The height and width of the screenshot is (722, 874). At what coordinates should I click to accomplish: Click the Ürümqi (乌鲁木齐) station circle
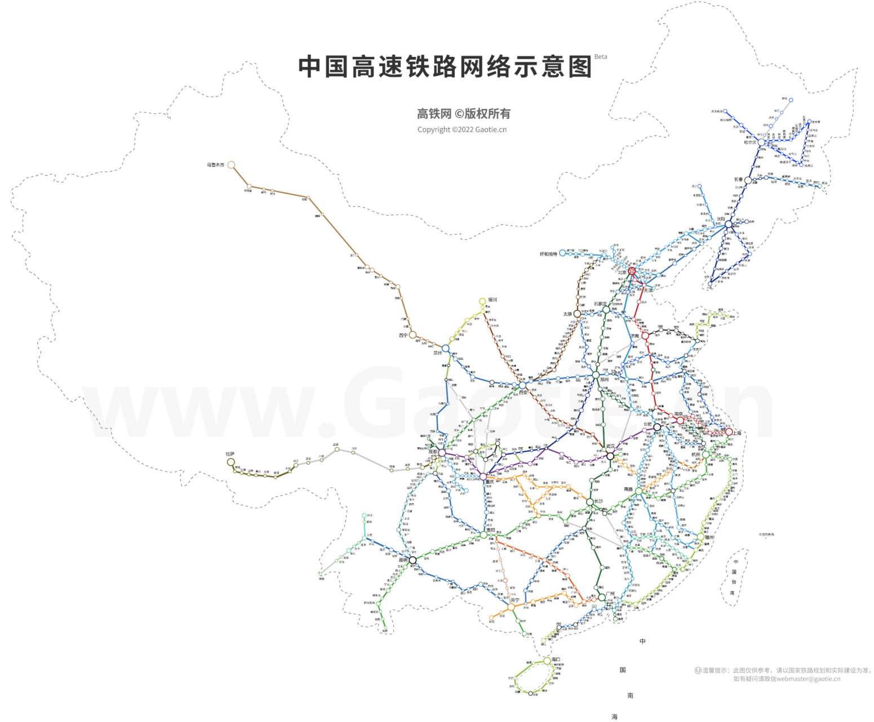coord(231,165)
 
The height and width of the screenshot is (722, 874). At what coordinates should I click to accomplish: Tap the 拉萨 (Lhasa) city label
coord(230,454)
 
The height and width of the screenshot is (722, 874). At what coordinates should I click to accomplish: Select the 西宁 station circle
coord(412,335)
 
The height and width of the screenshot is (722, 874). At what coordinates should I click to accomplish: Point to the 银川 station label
coord(493,300)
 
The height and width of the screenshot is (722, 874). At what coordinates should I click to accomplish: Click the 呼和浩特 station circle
coord(562,253)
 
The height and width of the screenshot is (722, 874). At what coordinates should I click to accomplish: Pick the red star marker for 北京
coord(632,271)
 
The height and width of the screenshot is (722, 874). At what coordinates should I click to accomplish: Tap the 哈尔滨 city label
coord(750,142)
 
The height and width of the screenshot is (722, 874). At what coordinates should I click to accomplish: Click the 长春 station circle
coord(748,180)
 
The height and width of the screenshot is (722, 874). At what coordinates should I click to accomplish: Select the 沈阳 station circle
coord(729,224)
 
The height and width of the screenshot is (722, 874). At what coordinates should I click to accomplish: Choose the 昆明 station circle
coord(412,560)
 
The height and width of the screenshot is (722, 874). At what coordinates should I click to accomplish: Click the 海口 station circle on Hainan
coord(547,661)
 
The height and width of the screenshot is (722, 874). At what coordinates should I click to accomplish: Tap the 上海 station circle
coord(729,432)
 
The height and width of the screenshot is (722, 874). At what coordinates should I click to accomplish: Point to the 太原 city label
coord(567,314)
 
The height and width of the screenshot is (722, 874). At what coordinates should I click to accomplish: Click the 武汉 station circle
coord(610,456)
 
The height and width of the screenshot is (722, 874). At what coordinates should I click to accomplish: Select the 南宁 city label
coord(514,601)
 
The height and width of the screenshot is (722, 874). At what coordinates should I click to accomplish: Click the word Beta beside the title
coord(601,56)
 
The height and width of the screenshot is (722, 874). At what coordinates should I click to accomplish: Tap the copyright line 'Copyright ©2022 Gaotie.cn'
coord(462,130)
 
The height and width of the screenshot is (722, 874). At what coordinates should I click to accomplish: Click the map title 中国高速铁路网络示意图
coord(445,67)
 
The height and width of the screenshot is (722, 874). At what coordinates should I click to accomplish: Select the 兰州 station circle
coord(446,349)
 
